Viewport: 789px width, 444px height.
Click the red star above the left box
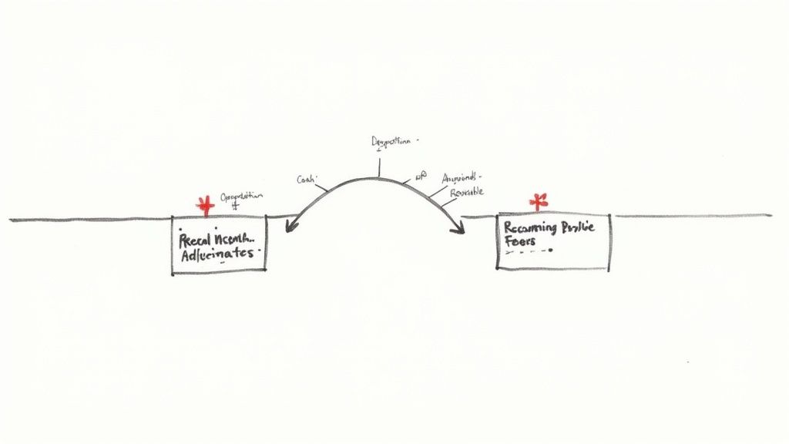pyautogui.click(x=205, y=206)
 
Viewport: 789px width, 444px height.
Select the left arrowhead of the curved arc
pyautogui.click(x=289, y=227)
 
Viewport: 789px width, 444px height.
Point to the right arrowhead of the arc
pyautogui.click(x=459, y=229)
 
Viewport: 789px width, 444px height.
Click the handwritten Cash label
pyautogui.click(x=308, y=180)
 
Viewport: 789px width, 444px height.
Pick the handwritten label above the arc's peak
pyautogui.click(x=392, y=143)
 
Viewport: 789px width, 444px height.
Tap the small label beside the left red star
pyautogui.click(x=241, y=197)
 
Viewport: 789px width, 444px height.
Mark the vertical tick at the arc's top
pyautogui.click(x=378, y=166)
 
